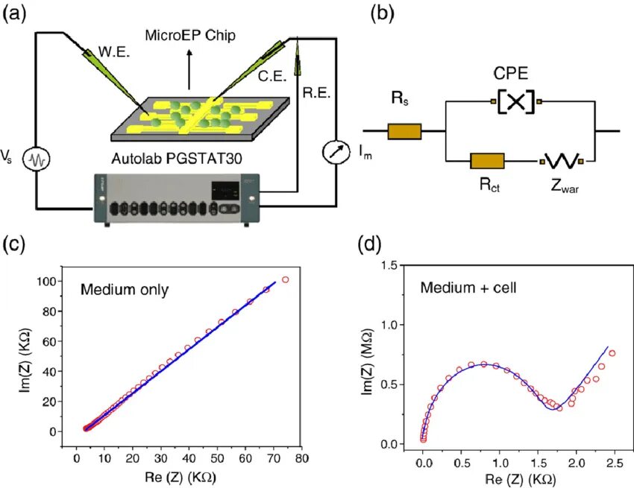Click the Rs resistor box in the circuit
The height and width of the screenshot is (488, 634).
point(404,131)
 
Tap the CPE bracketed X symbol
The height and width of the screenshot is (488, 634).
point(516,101)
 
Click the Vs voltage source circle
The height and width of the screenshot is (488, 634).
point(35,159)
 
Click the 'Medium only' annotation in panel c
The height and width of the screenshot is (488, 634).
point(124,288)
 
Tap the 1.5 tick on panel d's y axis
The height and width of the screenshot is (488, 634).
point(391,265)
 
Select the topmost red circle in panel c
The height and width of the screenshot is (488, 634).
point(285,280)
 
